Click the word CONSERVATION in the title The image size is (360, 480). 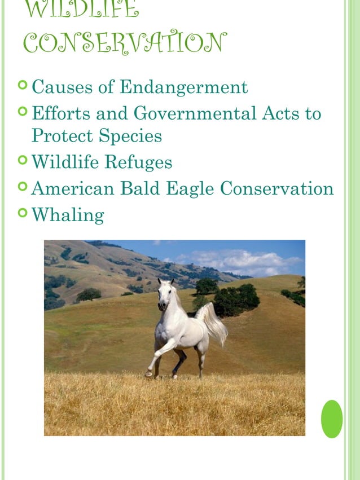pos(125,42)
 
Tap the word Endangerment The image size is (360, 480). pos(184,87)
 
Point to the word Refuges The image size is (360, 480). pos(138,162)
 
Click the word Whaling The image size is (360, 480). pos(68,215)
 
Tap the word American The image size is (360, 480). pos(73,188)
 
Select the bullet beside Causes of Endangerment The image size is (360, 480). pos(23,86)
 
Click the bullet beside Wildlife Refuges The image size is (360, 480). pos(23,161)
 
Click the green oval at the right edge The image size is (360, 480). pos(332,419)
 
